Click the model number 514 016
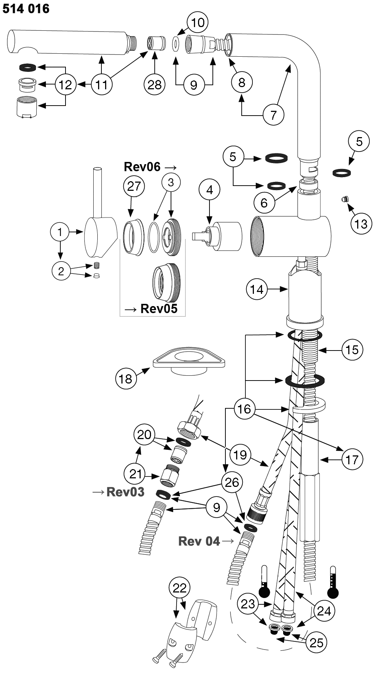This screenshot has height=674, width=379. tap(26, 9)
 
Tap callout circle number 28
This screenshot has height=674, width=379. tap(154, 85)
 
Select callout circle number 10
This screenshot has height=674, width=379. tap(198, 22)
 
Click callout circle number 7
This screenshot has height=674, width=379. tap(274, 115)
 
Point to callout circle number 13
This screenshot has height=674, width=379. tap(361, 224)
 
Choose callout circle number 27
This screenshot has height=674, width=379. tap(134, 186)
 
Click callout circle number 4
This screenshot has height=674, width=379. tap(209, 190)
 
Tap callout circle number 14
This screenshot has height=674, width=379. tap(257, 289)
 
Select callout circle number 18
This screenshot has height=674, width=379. tap(126, 378)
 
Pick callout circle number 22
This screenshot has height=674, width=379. tap(180, 588)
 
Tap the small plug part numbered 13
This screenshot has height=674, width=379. tap(345, 199)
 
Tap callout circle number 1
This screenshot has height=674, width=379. tap(60, 232)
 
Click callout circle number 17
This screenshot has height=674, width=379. tap(352, 459)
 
